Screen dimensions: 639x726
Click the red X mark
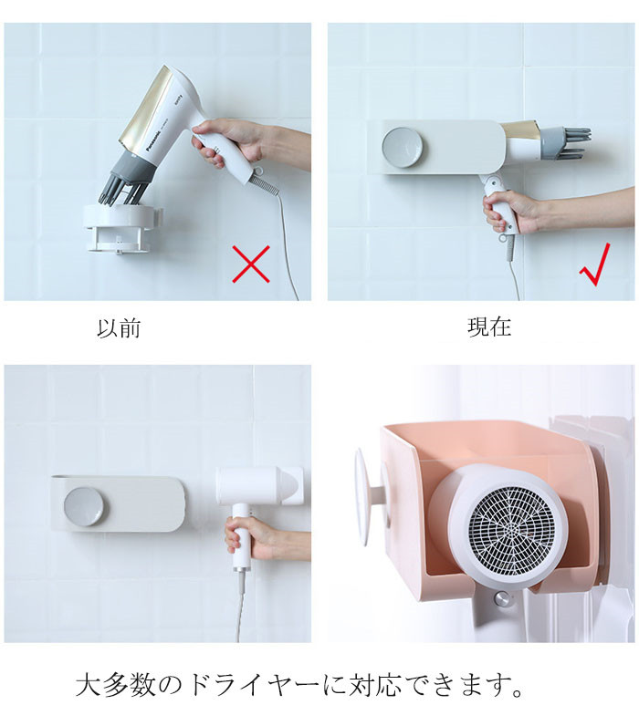(x=251, y=264)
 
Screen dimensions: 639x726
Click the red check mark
(x=595, y=264)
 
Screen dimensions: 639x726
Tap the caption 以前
(x=119, y=328)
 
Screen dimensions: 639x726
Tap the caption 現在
(x=489, y=327)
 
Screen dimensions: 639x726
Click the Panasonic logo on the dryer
(x=158, y=136)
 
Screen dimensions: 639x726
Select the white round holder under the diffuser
(x=122, y=228)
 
